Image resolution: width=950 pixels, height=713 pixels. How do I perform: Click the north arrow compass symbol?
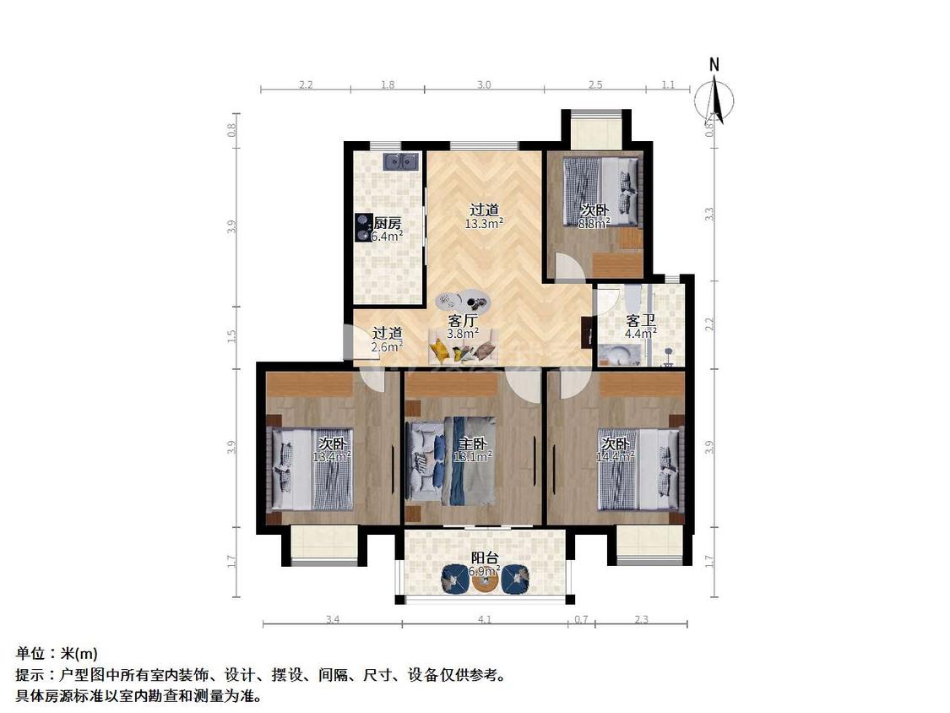tap(714, 95)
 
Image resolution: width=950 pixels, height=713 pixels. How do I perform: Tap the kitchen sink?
tap(400, 161)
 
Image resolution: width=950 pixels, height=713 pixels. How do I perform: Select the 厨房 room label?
tap(387, 223)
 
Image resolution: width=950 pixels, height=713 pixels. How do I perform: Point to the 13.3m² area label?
tap(484, 224)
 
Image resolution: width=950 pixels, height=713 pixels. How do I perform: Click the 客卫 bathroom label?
tap(640, 320)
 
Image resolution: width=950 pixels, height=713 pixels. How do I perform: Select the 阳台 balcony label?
tap(484, 558)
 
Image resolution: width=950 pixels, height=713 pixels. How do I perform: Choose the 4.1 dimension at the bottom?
tap(484, 620)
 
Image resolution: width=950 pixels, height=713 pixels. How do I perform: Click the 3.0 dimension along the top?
tap(484, 84)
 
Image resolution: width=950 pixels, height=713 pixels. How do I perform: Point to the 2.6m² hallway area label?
tap(388, 346)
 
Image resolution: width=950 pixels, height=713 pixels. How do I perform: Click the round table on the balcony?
tap(485, 580)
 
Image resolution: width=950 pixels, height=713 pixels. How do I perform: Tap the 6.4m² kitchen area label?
tap(387, 237)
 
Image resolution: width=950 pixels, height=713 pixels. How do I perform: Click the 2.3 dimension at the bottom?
tap(641, 620)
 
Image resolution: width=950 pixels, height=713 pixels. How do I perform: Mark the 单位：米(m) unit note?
tap(57, 653)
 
